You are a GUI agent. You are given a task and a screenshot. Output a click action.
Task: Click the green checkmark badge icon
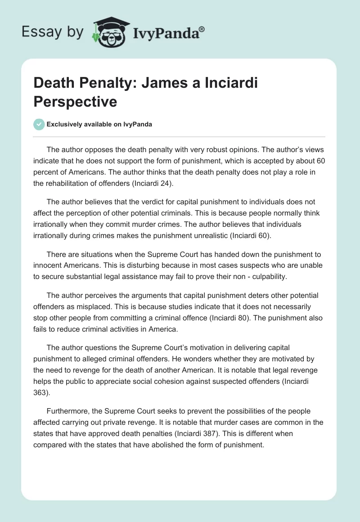[x=39, y=124]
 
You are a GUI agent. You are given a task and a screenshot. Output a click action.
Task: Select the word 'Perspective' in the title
[x=75, y=102]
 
